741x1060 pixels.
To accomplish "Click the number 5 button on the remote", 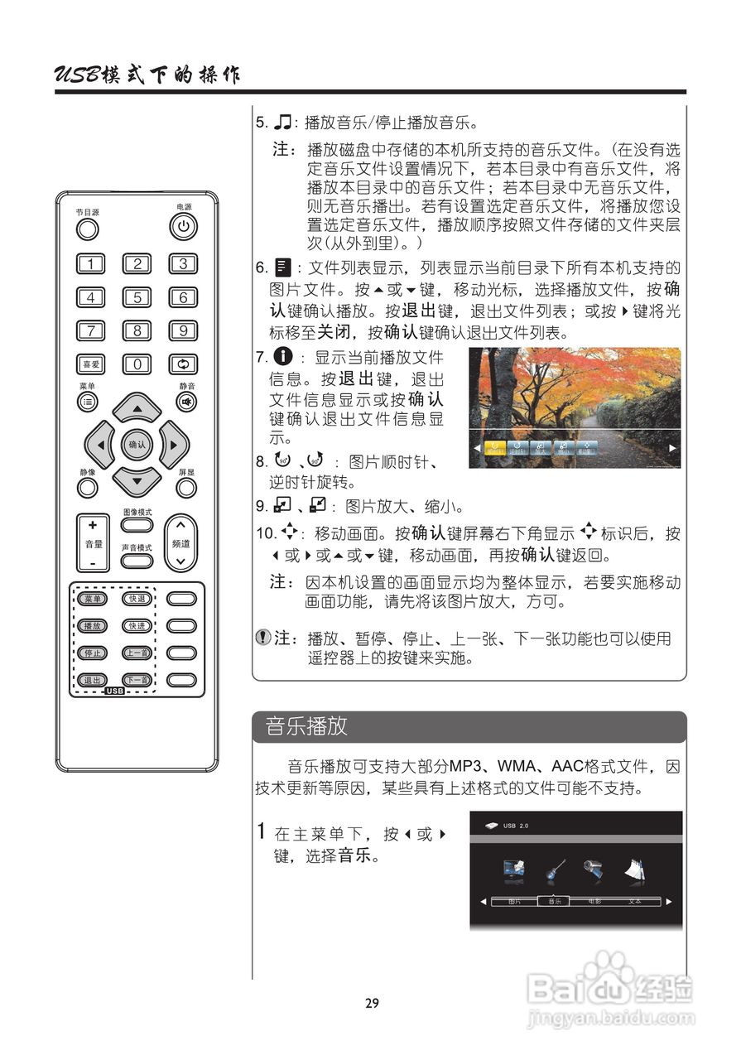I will [x=137, y=298].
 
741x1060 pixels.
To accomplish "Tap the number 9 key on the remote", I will [x=183, y=331].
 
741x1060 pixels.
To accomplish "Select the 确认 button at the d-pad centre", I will [x=137, y=445].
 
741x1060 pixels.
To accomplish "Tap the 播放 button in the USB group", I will [x=91, y=626].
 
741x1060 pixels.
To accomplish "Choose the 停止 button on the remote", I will [x=91, y=653].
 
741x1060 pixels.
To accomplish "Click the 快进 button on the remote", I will [x=137, y=626].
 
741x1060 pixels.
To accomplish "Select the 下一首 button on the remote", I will [x=137, y=681].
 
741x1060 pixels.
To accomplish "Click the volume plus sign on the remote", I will [x=93, y=525].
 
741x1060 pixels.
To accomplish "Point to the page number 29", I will [x=372, y=1004].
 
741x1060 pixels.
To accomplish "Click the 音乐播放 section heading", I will [x=306, y=727].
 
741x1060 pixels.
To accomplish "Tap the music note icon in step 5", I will [x=285, y=123].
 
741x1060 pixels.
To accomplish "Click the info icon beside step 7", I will [x=284, y=359].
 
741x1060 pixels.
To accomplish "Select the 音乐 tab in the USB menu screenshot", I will [x=554, y=901].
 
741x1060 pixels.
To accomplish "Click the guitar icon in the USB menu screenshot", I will [x=554, y=871].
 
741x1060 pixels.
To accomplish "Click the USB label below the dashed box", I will [x=114, y=690].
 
